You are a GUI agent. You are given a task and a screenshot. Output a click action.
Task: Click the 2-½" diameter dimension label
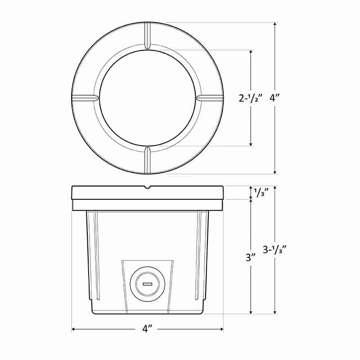pyautogui.click(x=251, y=98)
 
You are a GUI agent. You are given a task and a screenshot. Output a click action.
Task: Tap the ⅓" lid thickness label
pyautogui.click(x=261, y=193)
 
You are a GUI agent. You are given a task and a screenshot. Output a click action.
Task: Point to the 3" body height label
pyautogui.click(x=251, y=258)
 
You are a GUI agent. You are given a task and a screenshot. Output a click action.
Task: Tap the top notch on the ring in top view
pyautogui.click(x=148, y=35)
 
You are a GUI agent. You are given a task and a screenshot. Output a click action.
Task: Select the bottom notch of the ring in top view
pyautogui.click(x=148, y=160)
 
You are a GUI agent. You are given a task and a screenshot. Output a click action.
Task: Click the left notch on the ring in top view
pyautogui.click(x=85, y=98)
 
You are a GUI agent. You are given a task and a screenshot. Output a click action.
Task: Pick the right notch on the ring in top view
pyautogui.click(x=210, y=98)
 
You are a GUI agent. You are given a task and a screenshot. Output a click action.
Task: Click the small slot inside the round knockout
pyautogui.click(x=147, y=284)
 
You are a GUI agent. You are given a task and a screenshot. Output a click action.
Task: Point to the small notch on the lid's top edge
pyautogui.click(x=148, y=187)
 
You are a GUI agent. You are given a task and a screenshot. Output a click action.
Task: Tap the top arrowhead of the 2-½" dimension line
pyautogui.click(x=251, y=52)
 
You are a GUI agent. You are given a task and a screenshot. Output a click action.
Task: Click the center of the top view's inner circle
pyautogui.click(x=148, y=98)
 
